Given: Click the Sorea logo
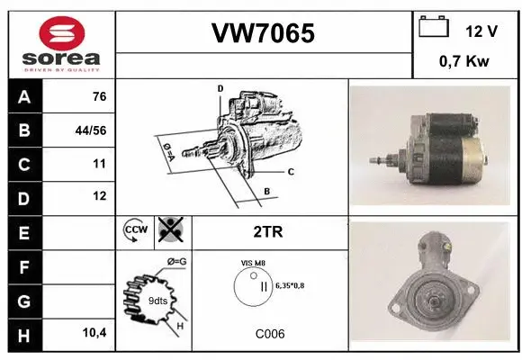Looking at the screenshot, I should (x=58, y=43).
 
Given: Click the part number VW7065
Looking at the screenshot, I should (x=263, y=33).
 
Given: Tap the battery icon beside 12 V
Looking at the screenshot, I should (x=434, y=28).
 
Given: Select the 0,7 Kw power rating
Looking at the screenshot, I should (x=464, y=63).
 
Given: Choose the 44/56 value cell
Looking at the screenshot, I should (x=93, y=130).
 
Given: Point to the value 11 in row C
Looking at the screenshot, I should (x=99, y=164).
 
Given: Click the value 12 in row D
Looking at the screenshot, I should (x=99, y=195).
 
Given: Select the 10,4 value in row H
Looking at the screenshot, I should (x=93, y=333).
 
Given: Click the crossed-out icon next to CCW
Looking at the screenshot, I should (x=169, y=231).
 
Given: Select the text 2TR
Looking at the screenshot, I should (x=268, y=231).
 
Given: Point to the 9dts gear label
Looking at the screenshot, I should (x=158, y=301).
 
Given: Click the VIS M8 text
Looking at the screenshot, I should (x=253, y=263).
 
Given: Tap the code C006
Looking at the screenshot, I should (x=268, y=333).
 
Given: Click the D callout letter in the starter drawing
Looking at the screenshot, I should (x=220, y=88).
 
